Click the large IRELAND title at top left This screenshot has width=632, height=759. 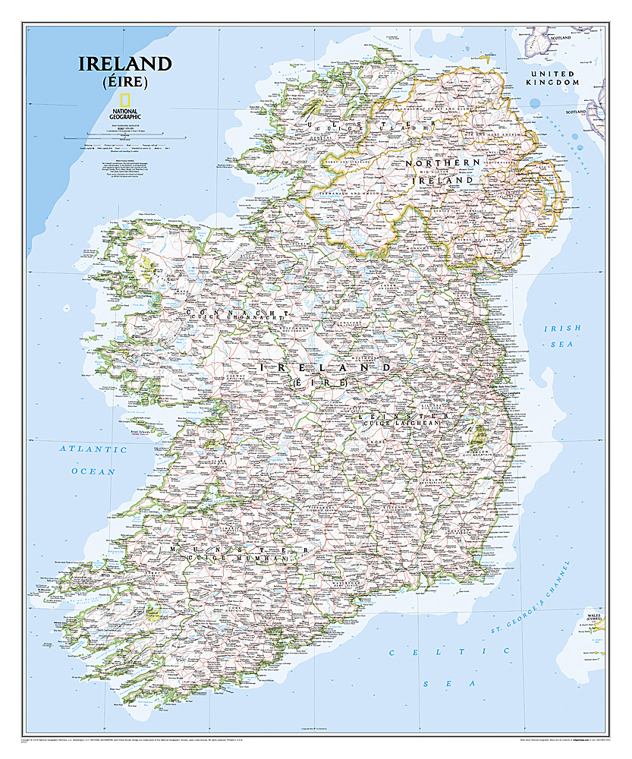pos(124,64)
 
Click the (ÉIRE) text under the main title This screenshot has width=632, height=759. pos(124,82)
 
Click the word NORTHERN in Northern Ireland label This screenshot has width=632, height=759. pos(442,163)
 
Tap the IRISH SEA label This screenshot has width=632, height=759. pos(562,335)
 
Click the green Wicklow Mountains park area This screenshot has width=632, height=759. pos(479,436)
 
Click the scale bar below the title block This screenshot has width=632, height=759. pos(124,137)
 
